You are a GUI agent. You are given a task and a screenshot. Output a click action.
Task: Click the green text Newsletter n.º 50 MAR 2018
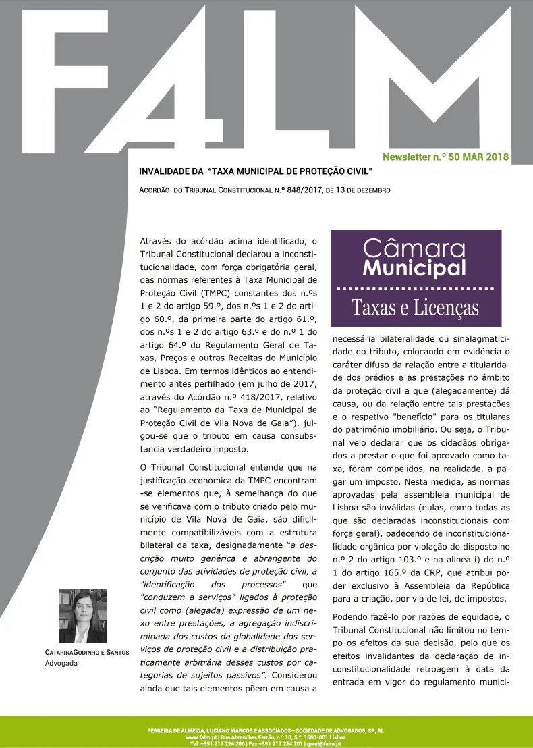[445, 157]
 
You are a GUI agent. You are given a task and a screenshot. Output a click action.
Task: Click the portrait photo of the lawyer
[83, 616]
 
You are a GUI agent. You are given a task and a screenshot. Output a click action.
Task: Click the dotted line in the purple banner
[416, 288]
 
